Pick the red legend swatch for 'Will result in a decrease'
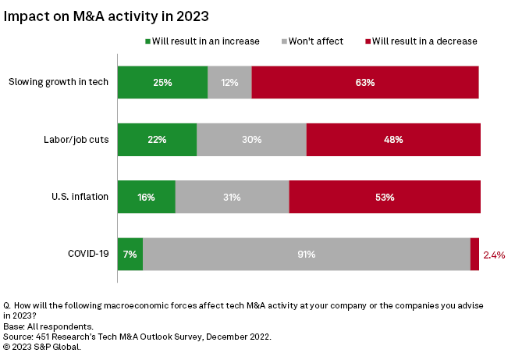(x=367, y=41)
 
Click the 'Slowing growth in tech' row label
(x=58, y=82)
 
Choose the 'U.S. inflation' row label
(x=76, y=197)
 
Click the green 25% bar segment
(x=162, y=82)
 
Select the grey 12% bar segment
(x=229, y=82)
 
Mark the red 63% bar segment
(x=365, y=82)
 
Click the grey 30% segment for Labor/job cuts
(x=251, y=140)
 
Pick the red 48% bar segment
(x=393, y=140)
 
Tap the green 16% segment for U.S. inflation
(x=146, y=197)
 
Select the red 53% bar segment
(x=385, y=197)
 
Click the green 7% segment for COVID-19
(x=130, y=255)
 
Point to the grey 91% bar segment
(x=306, y=255)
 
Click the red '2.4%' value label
(x=495, y=255)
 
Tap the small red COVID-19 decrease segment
(x=474, y=255)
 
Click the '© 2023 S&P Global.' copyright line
(x=43, y=346)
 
